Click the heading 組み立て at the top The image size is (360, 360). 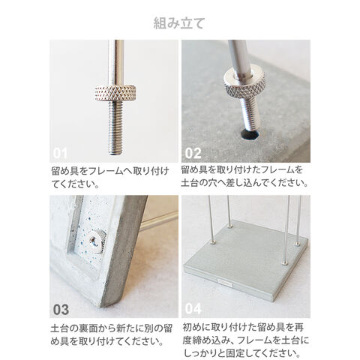[x=179, y=23]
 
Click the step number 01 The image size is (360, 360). [x=60, y=153]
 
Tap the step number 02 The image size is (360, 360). [x=193, y=153]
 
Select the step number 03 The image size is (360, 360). [x=61, y=309]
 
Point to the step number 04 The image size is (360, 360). [x=193, y=309]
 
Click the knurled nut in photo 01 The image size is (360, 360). [x=115, y=93]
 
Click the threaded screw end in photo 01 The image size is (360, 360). [x=115, y=127]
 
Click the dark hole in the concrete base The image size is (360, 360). [x=250, y=134]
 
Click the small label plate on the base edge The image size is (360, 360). [x=224, y=284]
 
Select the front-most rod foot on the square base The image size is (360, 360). [x=284, y=262]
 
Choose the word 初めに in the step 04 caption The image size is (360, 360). [x=196, y=327]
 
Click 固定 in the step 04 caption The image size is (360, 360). [x=236, y=353]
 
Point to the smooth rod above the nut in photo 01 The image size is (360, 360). [x=116, y=63]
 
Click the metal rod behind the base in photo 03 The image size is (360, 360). [x=159, y=221]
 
